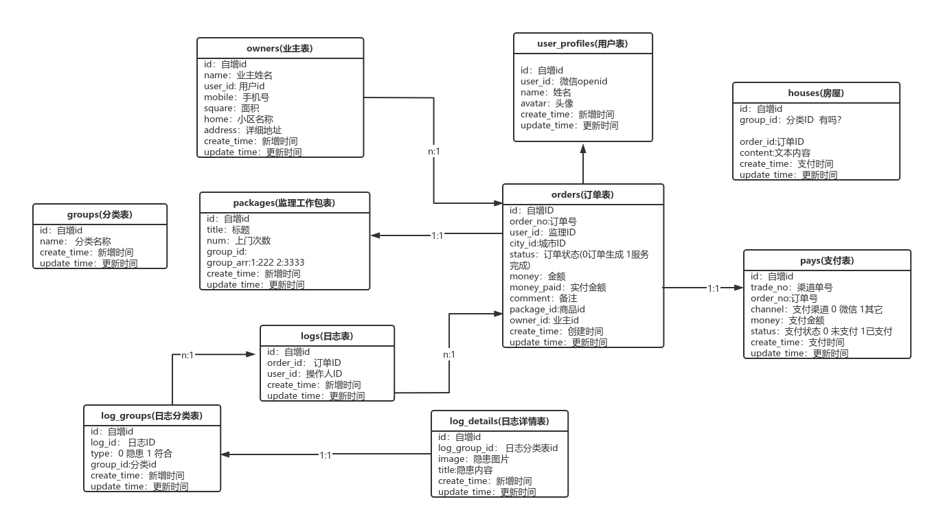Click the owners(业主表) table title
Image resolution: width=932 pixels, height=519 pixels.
(280, 48)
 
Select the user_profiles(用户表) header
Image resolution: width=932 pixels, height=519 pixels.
(582, 44)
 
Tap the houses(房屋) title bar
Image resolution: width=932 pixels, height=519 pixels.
(815, 93)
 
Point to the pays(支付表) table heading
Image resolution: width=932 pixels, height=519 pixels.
(827, 261)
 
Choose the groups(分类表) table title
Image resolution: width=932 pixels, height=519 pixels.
(100, 214)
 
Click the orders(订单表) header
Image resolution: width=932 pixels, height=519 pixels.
(582, 195)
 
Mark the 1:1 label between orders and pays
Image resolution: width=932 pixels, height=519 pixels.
(714, 289)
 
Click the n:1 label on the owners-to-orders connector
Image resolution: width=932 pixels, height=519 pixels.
(433, 151)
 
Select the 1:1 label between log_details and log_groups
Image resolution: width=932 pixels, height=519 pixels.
(326, 455)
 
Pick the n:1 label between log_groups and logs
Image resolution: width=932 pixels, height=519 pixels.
(187, 356)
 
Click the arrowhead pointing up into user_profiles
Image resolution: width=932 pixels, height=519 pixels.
(582, 148)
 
